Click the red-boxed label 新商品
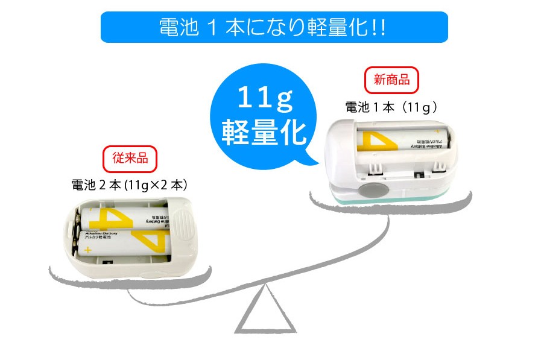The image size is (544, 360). [391, 80]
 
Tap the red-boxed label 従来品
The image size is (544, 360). [130, 159]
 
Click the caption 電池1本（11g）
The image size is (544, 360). [391, 107]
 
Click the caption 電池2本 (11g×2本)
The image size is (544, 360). [130, 185]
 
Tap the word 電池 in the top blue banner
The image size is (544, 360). [176, 28]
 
